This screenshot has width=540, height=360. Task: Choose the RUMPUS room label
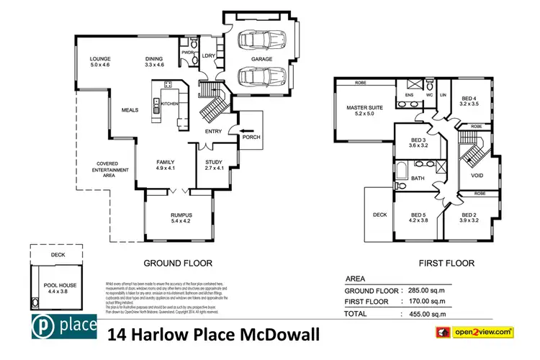pos(181,215)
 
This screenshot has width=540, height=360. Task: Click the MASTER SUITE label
pos(364,109)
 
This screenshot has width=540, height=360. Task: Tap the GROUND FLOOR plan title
pos(178,263)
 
